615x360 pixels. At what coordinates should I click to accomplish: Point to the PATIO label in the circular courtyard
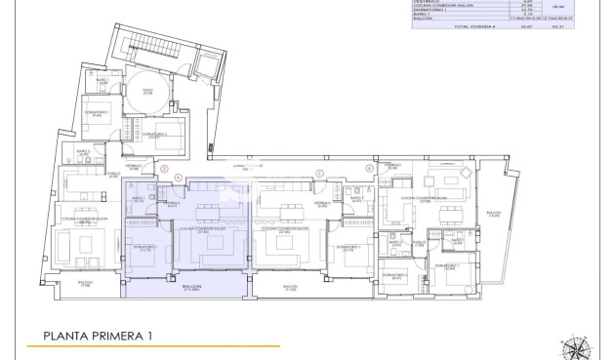pos(147,93)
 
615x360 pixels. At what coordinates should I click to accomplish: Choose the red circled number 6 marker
pos(369,168)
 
